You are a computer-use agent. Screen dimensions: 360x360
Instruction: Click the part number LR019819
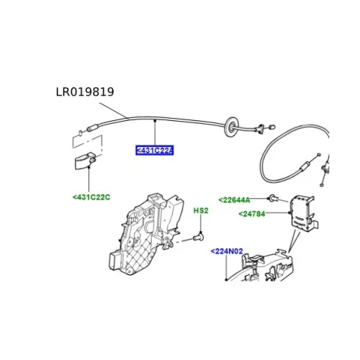85,92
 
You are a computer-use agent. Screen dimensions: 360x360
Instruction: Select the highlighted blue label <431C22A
154,150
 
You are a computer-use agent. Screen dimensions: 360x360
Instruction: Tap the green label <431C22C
91,197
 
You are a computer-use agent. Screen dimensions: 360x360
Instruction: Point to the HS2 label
201,211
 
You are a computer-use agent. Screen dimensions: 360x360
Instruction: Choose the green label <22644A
234,199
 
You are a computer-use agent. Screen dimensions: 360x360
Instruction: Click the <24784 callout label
252,214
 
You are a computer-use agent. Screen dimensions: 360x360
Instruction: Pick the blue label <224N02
227,251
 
